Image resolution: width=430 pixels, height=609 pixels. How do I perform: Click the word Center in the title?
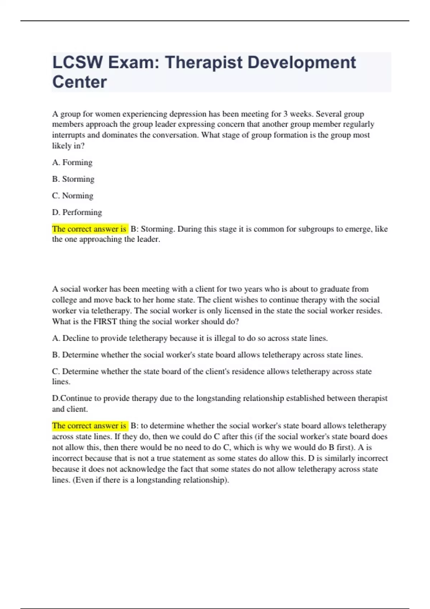coord(79,82)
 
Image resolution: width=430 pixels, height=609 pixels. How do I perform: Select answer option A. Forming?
coord(72,163)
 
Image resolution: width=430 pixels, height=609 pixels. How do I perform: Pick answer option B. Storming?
coord(73,179)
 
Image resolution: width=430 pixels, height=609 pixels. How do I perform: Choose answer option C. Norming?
coord(72,196)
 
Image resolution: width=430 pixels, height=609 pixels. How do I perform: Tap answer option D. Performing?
coord(77,212)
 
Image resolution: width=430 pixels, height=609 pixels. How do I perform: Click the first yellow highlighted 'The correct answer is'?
coord(89,229)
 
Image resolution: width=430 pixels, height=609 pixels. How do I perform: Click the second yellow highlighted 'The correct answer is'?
coord(89,426)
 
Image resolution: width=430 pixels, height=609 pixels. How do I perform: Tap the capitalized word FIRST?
coord(105,321)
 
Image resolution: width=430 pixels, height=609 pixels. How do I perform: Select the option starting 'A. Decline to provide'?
coord(190,338)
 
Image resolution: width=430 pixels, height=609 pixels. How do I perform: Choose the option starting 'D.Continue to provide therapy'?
coord(219,398)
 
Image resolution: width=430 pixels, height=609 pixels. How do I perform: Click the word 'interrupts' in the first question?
coord(69,135)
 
